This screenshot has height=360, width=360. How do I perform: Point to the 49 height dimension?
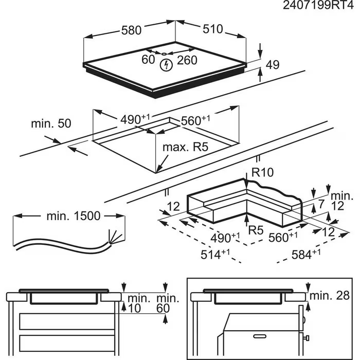tap(273, 65)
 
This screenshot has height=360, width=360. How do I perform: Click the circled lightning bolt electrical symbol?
tap(166, 65)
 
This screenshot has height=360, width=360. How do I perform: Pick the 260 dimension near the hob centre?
tap(187, 60)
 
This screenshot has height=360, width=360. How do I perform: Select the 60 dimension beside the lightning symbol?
tap(148, 60)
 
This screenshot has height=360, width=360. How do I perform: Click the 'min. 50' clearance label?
tap(51, 123)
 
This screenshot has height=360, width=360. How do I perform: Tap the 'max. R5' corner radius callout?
tap(185, 148)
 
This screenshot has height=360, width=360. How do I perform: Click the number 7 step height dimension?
tap(322, 205)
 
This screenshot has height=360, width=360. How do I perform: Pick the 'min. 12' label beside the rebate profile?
tap(341, 201)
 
